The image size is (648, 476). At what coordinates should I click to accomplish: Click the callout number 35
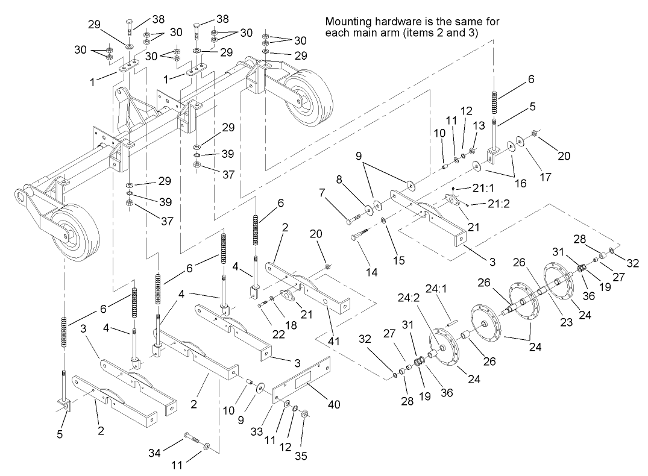pos(301,456)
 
